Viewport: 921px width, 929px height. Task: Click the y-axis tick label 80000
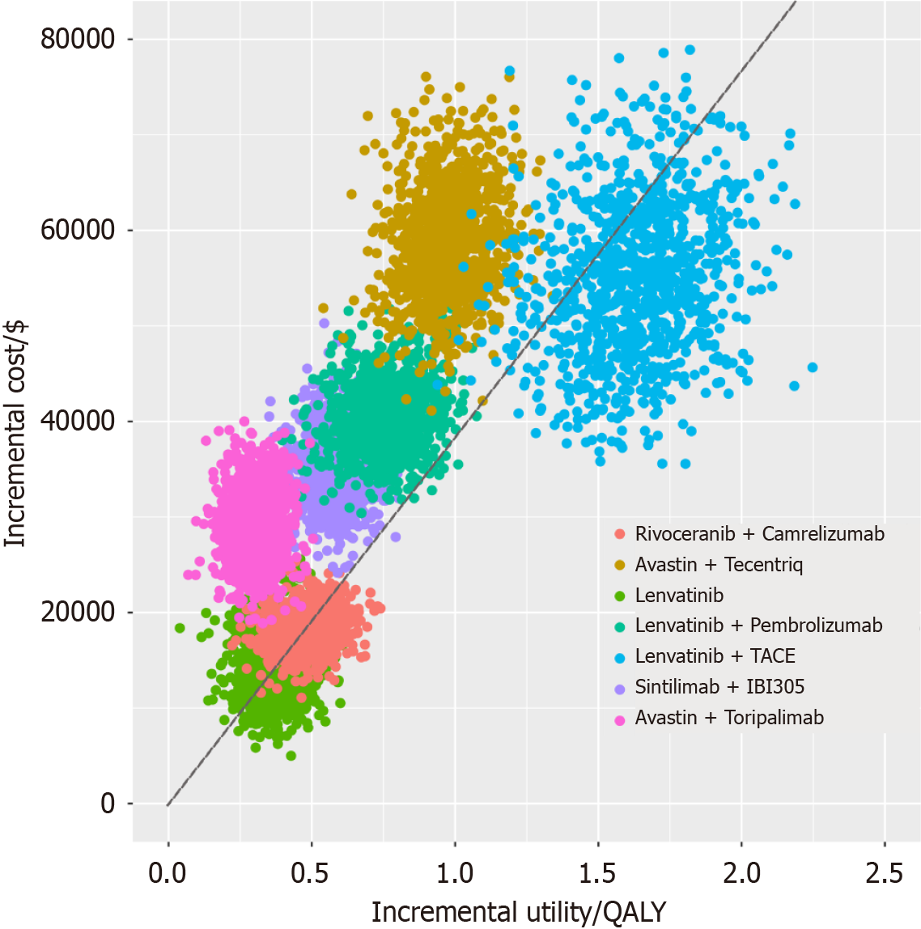click(x=78, y=39)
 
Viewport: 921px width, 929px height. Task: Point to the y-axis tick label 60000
click(x=78, y=230)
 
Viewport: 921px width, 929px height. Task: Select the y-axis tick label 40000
click(x=78, y=421)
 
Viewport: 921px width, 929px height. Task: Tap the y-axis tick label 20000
click(x=78, y=612)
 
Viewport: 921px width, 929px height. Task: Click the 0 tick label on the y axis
click(x=108, y=804)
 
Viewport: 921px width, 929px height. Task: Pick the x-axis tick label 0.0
click(x=168, y=873)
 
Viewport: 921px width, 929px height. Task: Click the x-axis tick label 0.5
click(x=311, y=873)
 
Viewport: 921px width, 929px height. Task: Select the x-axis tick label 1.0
click(x=454, y=873)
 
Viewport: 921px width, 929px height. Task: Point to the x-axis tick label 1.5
click(x=597, y=873)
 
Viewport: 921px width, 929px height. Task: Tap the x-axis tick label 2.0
click(x=741, y=873)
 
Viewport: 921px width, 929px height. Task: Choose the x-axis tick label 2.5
click(x=884, y=873)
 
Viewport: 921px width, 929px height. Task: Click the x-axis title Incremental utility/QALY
click(x=518, y=912)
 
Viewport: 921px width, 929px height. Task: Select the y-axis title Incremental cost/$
click(x=16, y=433)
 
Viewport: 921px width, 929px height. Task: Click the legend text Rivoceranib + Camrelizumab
click(x=759, y=534)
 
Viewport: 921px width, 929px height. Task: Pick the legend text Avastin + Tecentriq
click(x=719, y=565)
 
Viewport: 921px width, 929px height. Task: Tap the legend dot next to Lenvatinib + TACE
click(x=620, y=657)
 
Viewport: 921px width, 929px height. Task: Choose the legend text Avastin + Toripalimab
click(x=729, y=718)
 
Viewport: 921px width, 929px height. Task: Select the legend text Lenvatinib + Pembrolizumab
click(x=758, y=626)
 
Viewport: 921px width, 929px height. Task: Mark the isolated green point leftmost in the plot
click(x=180, y=628)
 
